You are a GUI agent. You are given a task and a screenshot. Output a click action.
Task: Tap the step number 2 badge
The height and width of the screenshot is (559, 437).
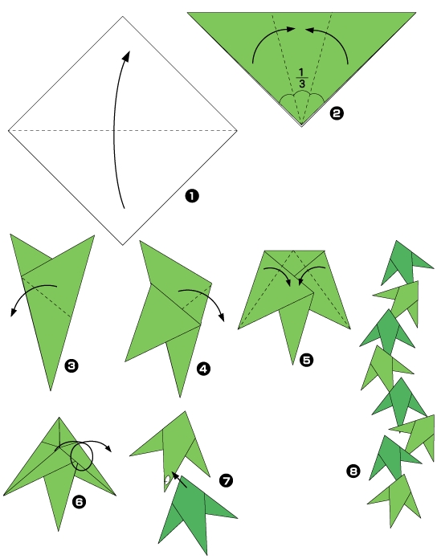[337, 113]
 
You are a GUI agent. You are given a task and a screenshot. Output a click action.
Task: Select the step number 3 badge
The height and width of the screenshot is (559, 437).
[71, 366]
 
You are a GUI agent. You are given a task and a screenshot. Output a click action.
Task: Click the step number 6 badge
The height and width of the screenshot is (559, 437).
[79, 502]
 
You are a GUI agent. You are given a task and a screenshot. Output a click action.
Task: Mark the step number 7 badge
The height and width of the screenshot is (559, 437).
[226, 480]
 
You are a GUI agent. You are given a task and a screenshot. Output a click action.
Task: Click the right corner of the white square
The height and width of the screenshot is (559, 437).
[237, 129]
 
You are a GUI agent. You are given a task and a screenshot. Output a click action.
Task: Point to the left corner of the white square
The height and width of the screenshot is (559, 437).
[9, 129]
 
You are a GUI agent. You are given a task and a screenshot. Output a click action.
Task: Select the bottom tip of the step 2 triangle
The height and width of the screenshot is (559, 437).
[303, 127]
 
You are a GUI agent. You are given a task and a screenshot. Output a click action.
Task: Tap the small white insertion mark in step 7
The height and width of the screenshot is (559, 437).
[167, 481]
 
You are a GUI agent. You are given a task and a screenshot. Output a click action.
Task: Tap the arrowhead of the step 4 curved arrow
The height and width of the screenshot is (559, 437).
[222, 316]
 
